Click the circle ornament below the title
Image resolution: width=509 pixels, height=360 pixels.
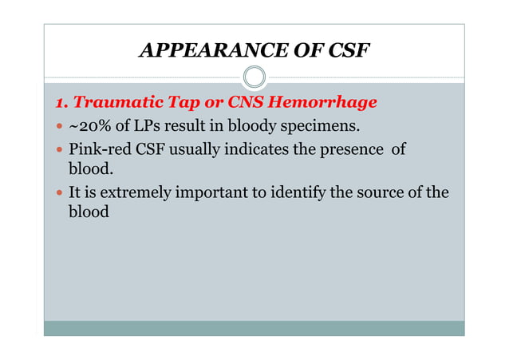254,77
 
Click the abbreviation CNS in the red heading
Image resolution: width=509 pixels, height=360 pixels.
239,103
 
